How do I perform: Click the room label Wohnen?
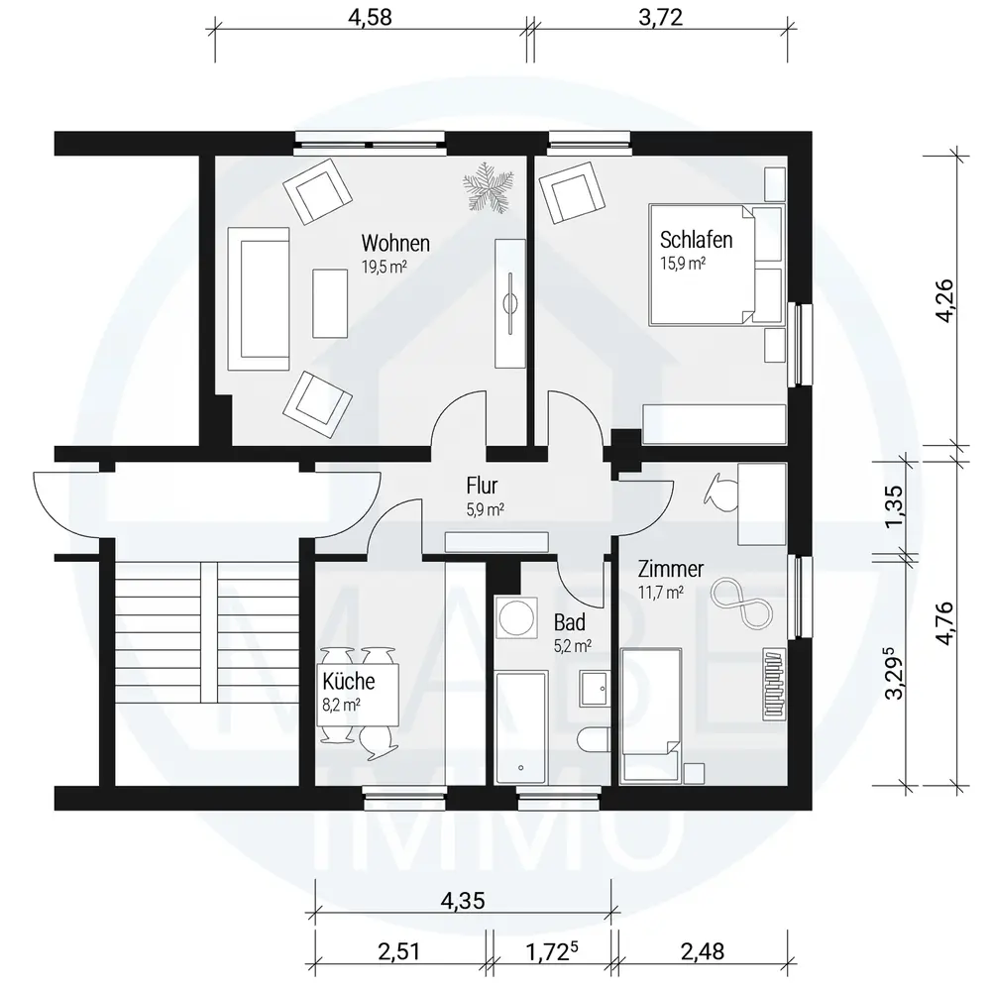[x=395, y=244]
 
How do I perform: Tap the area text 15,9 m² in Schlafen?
[x=683, y=263]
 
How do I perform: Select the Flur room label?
[x=483, y=486]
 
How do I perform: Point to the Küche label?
[x=348, y=681]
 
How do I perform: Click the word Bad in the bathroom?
[x=570, y=622]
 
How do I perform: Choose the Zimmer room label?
[x=671, y=569]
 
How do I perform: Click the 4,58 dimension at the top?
[x=371, y=17]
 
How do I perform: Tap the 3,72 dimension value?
[x=660, y=17]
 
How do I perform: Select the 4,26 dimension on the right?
[x=945, y=300]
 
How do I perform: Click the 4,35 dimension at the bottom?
[x=463, y=900]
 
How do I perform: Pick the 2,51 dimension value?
[x=398, y=951]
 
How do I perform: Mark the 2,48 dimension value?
[x=703, y=951]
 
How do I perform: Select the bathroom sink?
[x=595, y=688]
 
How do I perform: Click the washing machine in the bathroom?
[x=515, y=615]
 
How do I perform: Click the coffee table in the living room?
[x=330, y=303]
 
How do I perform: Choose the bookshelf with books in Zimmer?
[x=774, y=684]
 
